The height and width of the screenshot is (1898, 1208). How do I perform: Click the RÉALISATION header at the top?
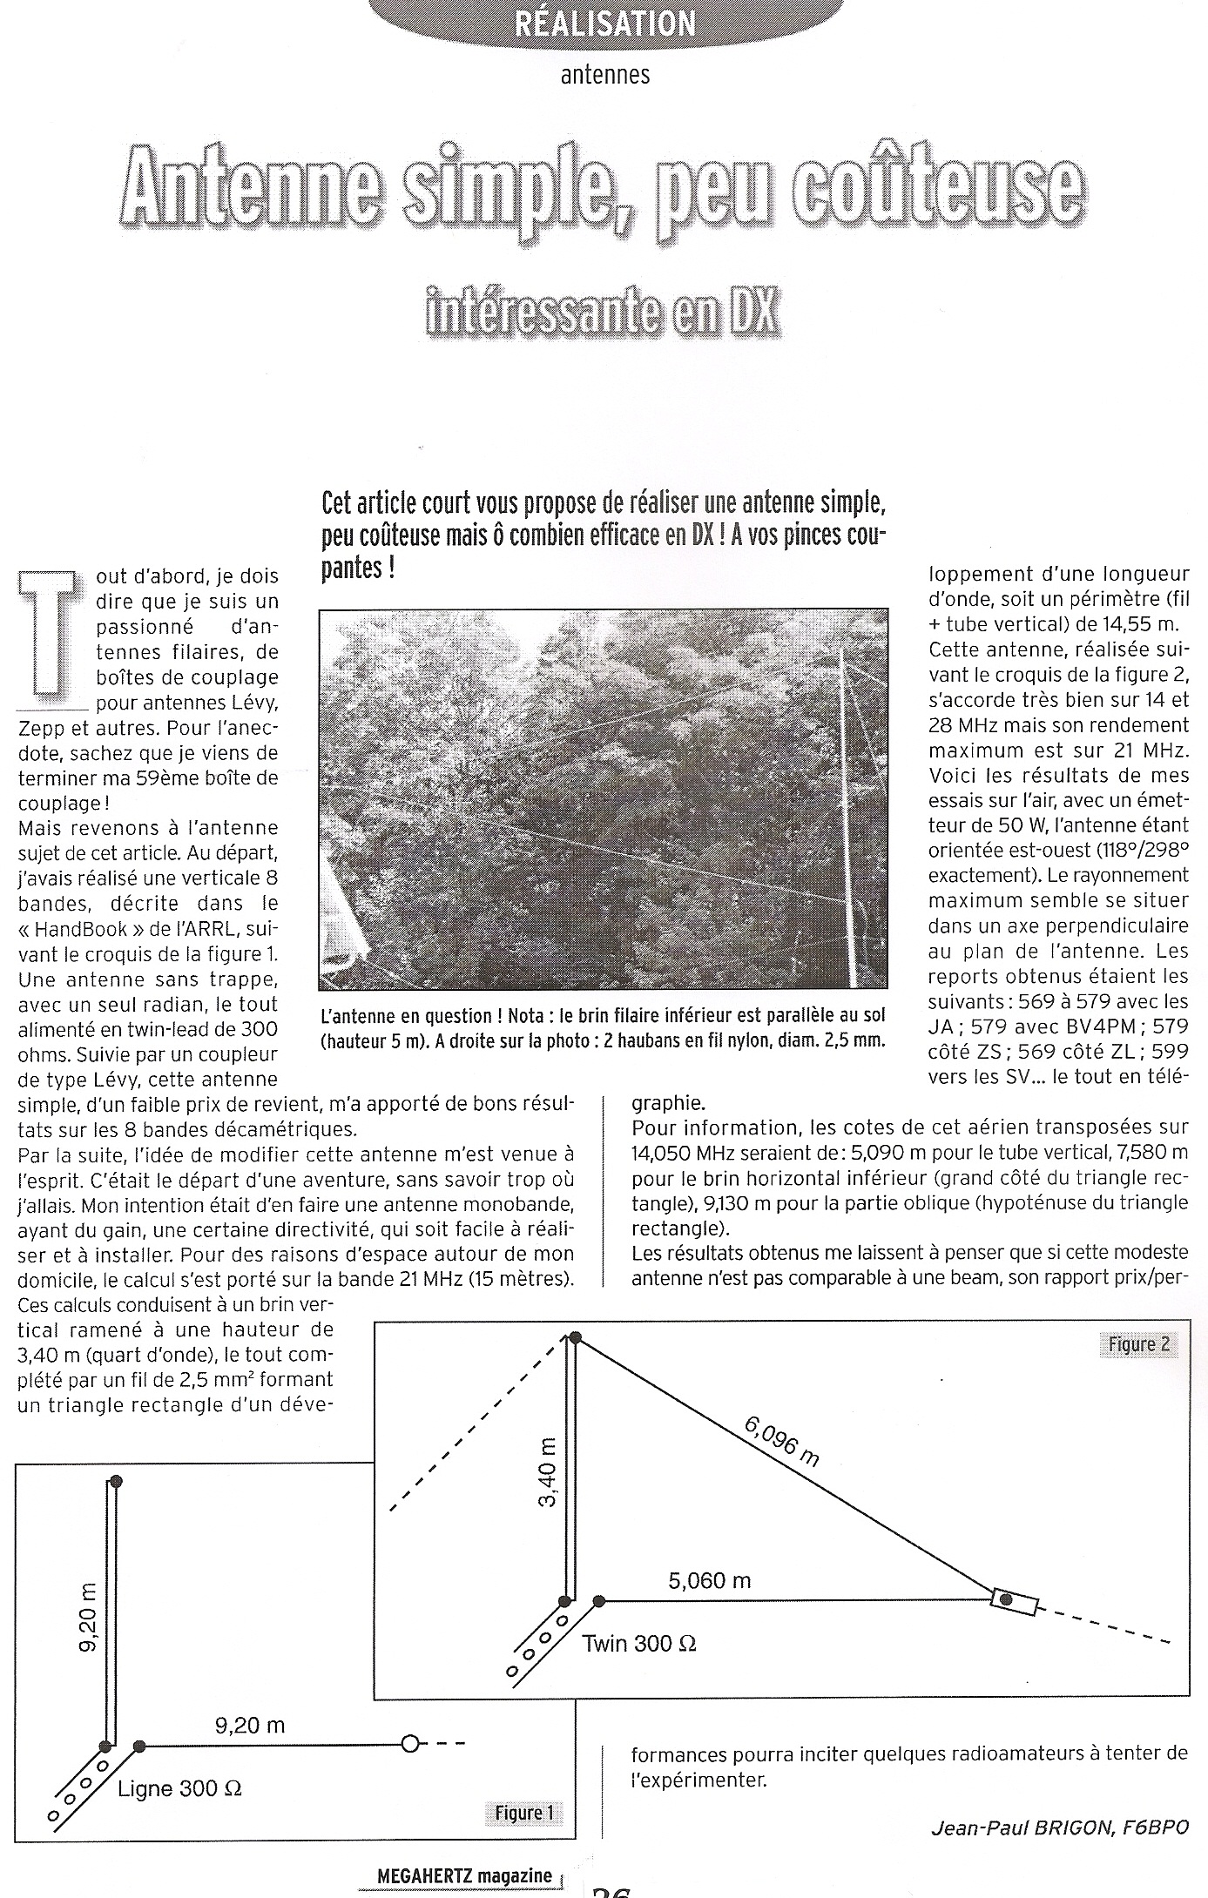(604, 23)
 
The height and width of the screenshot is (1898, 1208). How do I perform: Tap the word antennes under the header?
(604, 75)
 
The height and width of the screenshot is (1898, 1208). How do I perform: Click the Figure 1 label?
(523, 1813)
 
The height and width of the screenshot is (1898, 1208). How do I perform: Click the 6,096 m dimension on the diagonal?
(781, 1441)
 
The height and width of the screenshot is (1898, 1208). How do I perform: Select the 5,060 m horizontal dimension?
(709, 1580)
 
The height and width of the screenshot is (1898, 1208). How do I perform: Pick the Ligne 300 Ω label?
(179, 1788)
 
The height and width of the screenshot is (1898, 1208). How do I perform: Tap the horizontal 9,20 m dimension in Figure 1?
(250, 1725)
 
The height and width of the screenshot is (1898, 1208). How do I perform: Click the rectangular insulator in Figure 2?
(1014, 1600)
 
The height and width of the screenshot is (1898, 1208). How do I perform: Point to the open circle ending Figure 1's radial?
(409, 1743)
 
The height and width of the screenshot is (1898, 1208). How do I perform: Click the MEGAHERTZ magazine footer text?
(465, 1876)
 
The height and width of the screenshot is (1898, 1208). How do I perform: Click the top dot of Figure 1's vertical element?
(116, 1482)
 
